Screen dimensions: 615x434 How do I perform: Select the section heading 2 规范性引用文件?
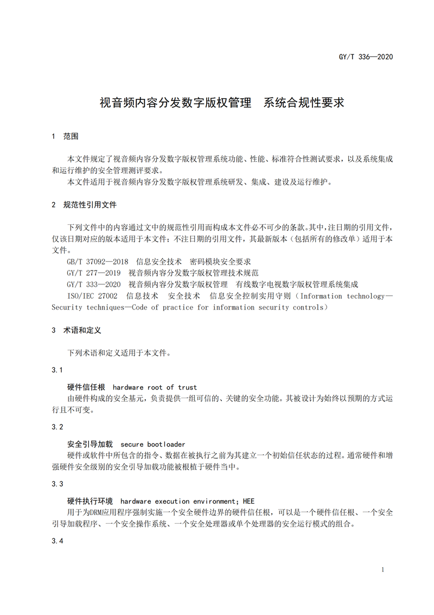84,205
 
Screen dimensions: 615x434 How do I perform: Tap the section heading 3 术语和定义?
76,330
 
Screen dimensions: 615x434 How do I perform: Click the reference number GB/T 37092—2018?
98,262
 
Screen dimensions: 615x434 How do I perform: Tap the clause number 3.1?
57,369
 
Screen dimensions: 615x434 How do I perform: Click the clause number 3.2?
57,426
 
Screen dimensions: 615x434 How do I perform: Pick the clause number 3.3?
57,484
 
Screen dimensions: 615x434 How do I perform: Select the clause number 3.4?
57,541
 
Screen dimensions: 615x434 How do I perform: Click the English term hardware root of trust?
155,387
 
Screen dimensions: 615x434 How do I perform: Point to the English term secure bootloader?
153,444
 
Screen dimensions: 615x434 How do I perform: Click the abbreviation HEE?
248,501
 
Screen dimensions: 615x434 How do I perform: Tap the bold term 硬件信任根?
86,387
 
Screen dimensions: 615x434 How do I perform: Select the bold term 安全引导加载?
90,444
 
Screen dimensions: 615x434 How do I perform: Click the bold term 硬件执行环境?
90,501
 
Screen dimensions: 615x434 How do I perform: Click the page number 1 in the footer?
383,570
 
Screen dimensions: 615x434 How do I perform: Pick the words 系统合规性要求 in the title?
304,103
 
